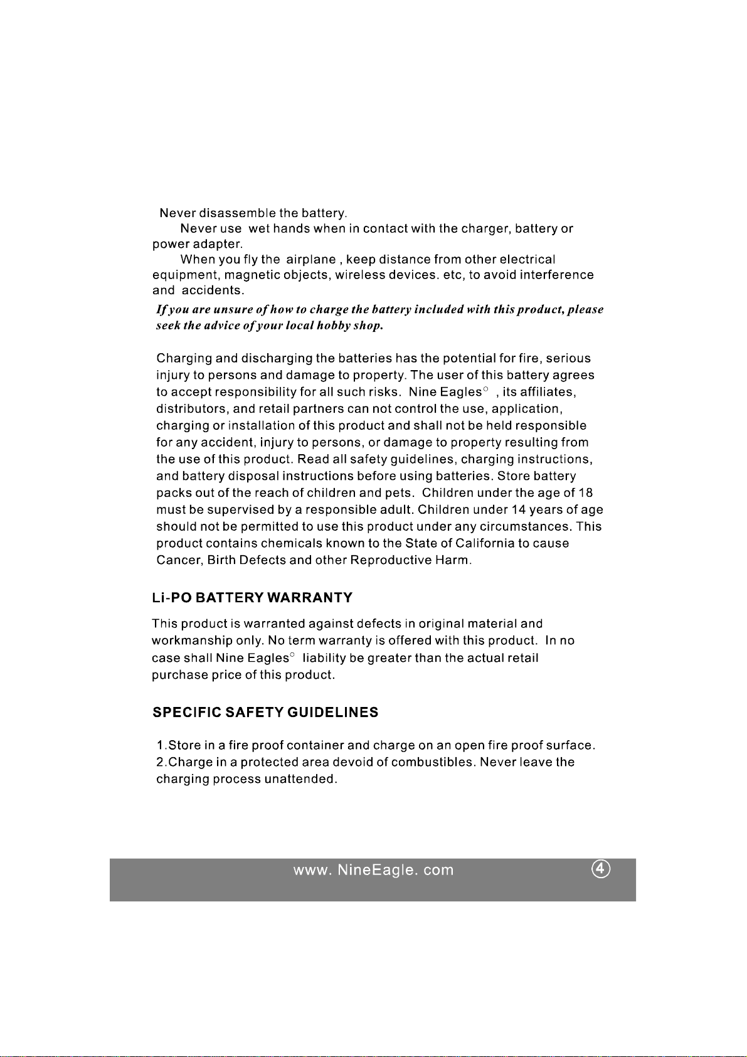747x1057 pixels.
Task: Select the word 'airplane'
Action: pyautogui.click(x=310, y=260)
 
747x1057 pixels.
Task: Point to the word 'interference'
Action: pyautogui.click(x=556, y=275)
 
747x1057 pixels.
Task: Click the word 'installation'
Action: pyautogui.click(x=262, y=426)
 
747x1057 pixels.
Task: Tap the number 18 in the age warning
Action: pyautogui.click(x=586, y=493)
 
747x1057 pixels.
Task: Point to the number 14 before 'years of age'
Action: pyautogui.click(x=519, y=510)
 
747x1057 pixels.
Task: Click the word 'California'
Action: pyautogui.click(x=485, y=543)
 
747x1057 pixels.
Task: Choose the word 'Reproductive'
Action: pyautogui.click(x=391, y=560)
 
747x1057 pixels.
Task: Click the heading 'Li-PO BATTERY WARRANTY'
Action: pyautogui.click(x=252, y=598)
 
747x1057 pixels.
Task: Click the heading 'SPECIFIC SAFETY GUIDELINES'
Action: pyautogui.click(x=265, y=713)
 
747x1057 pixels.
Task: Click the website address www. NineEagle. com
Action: pyautogui.click(x=373, y=871)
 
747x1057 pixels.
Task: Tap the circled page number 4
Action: pyautogui.click(x=601, y=869)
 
